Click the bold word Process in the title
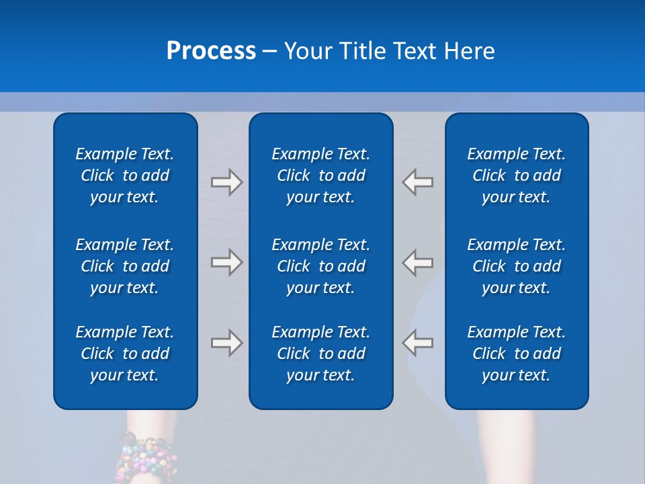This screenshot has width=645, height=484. click(211, 51)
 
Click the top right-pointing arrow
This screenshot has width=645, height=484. click(227, 182)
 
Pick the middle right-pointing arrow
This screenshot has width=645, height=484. click(227, 261)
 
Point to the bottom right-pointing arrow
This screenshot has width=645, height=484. click(227, 343)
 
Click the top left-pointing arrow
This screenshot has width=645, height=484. click(418, 182)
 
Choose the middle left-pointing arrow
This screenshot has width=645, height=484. click(418, 261)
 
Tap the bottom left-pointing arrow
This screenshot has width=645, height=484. click(418, 343)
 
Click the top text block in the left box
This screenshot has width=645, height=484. click(125, 175)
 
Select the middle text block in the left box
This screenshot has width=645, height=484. click(125, 266)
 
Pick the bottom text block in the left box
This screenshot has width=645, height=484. click(125, 354)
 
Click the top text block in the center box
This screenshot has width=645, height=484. click(321, 175)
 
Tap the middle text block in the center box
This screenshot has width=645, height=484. click(321, 266)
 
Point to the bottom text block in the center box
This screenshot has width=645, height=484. click(321, 354)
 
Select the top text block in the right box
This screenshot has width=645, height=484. click(517, 175)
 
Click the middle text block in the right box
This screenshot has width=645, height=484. click(517, 266)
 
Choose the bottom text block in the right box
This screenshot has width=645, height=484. click(517, 354)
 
